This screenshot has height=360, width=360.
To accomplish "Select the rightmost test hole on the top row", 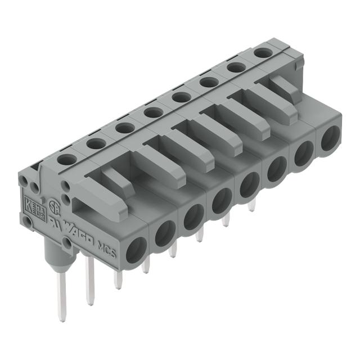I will point(261,52).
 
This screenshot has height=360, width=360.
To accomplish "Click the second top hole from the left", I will point(96,144).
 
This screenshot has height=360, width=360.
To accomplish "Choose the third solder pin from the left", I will point(117,279).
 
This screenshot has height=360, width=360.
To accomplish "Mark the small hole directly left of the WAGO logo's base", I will point(67,242).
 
